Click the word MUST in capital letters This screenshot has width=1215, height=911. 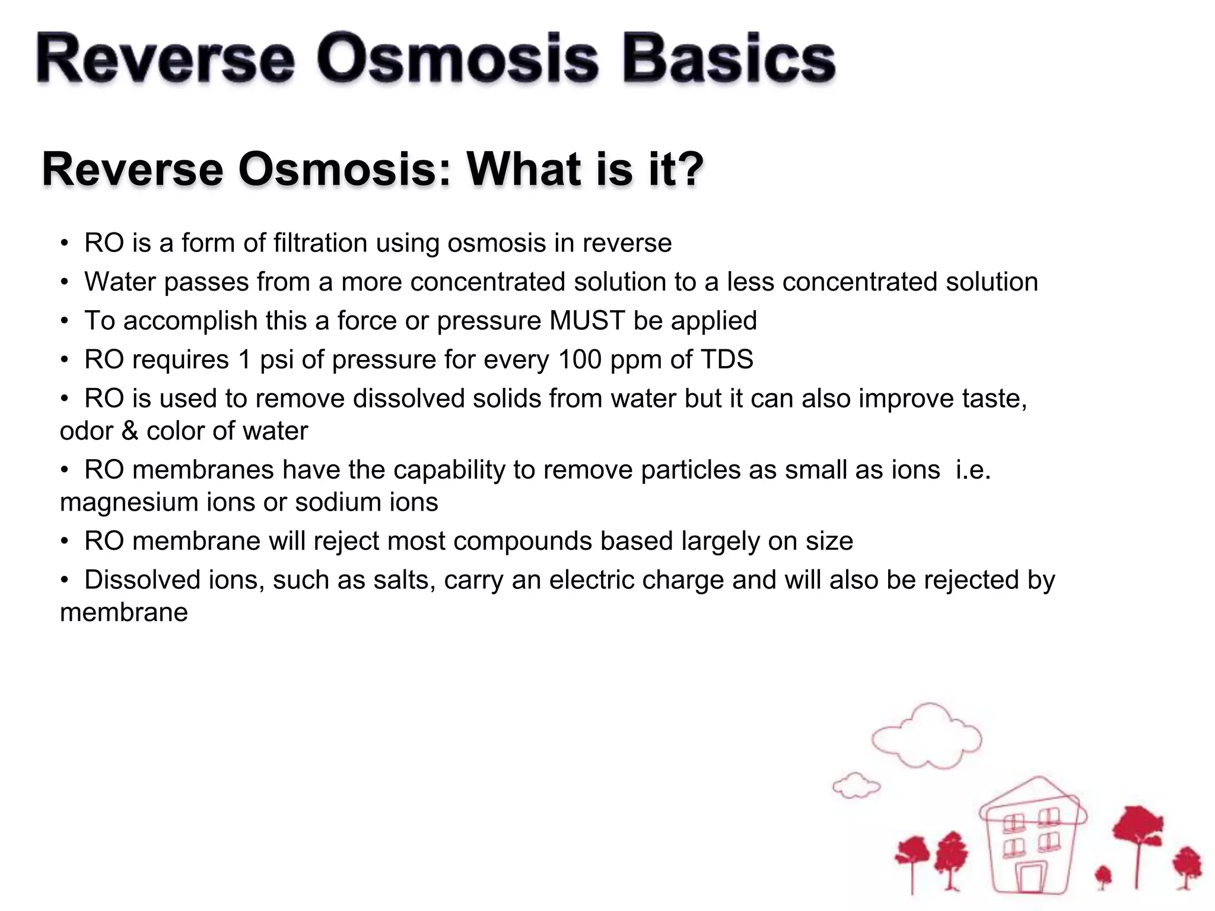[587, 321]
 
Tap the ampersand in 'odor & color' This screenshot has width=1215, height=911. [130, 431]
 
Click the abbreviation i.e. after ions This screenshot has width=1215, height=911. [973, 470]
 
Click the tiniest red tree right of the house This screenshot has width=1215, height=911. [1103, 875]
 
